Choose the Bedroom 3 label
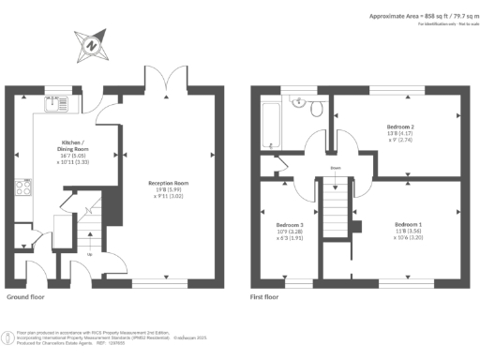[288, 226]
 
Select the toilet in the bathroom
[317, 111]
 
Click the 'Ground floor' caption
[26, 296]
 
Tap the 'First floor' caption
[264, 296]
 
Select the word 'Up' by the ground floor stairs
[89, 254]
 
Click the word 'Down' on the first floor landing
[335, 170]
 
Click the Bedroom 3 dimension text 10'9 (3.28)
[288, 232]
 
